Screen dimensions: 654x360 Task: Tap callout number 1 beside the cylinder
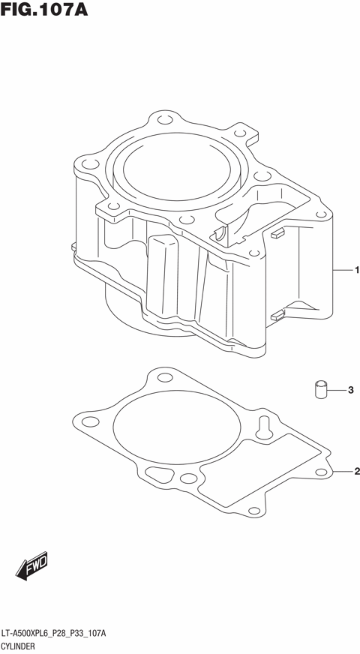pos(356,269)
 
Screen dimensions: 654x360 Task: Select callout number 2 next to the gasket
pos(356,471)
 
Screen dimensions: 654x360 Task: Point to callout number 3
pos(349,390)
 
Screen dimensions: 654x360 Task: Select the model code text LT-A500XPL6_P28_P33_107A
pos(53,633)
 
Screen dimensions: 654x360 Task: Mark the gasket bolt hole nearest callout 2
pos(320,472)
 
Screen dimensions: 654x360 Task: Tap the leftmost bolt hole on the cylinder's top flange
pos(88,163)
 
